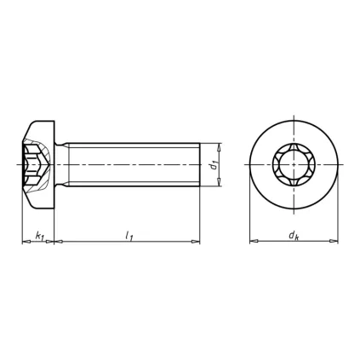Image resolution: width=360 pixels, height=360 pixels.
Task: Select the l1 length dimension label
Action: [x=129, y=234]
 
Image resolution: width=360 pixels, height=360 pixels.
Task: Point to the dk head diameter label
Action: [x=293, y=234]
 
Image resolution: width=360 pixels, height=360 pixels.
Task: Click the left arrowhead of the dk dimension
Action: [x=253, y=242]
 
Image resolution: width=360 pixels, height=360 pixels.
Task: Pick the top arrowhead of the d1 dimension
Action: [x=220, y=146]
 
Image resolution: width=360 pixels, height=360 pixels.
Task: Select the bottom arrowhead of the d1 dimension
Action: [x=220, y=183]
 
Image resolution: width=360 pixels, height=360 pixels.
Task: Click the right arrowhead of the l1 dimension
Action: [x=197, y=242]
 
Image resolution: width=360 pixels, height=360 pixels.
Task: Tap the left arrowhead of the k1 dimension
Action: [x=24, y=242]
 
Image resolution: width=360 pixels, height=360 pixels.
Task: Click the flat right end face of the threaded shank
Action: [x=200, y=164]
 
